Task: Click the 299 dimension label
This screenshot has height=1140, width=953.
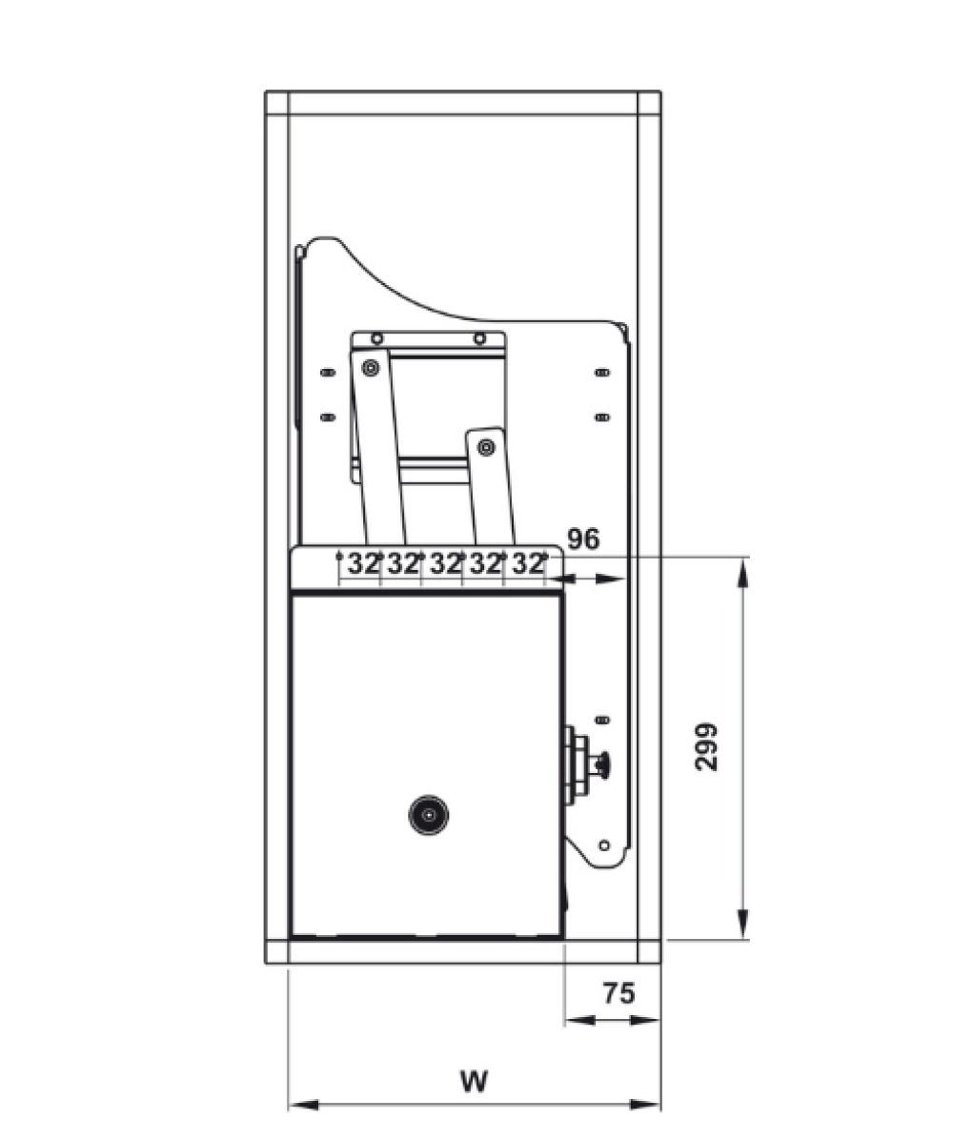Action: pos(706,746)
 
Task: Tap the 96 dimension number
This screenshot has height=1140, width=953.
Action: pos(584,539)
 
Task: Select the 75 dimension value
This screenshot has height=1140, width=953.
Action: pos(618,992)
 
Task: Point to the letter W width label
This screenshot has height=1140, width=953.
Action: pos(474,1081)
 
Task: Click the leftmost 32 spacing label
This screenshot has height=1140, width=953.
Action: pos(363,563)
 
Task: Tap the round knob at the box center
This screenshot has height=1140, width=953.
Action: pos(428,815)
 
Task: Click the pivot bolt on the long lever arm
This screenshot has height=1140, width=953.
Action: pos(371,368)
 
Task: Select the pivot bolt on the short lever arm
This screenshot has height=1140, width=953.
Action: pos(486,448)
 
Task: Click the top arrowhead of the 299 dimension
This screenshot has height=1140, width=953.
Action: pos(742,572)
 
